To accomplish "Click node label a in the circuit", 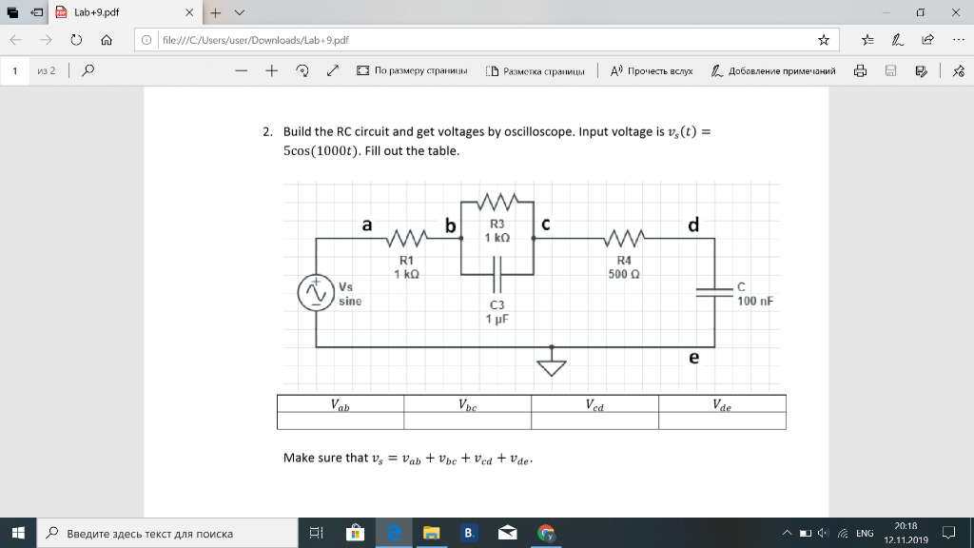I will [367, 225].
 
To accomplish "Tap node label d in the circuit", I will [693, 225].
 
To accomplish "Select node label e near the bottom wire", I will [693, 358].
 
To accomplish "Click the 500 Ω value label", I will [624, 274].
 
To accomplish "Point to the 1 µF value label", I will [497, 320].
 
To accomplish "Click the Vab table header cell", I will [340, 404].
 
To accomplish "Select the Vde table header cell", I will [722, 404].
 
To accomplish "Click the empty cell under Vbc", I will [467, 421].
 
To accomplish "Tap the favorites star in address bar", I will [824, 40].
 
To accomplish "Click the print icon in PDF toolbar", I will [860, 70].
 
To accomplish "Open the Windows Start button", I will [18, 533].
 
